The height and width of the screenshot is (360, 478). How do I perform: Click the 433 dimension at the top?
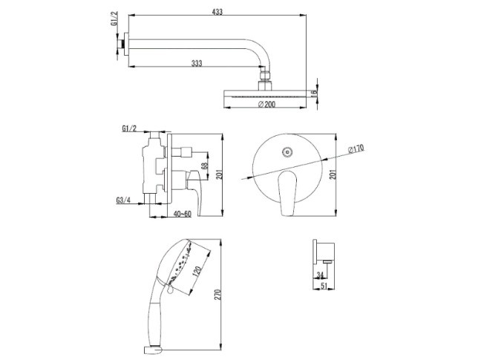tap(217, 12)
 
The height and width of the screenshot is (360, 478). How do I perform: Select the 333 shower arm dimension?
tap(197, 63)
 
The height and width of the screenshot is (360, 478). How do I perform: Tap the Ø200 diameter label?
tap(266, 104)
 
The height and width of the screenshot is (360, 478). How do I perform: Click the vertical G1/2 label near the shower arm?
tap(114, 19)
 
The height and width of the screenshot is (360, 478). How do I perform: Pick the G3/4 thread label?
tap(123, 200)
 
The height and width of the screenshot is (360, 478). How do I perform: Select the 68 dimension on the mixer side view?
tap(205, 166)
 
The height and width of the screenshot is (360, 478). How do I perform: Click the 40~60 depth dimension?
tap(183, 214)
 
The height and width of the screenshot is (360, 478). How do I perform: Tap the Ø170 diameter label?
tap(356, 149)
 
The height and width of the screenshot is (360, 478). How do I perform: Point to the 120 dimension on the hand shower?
tap(197, 271)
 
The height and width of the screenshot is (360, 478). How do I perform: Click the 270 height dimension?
tap(217, 295)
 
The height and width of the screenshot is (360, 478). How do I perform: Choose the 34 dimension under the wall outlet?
tap(320, 275)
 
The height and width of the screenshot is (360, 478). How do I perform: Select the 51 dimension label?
tap(324, 285)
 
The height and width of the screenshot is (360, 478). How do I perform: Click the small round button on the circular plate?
tap(287, 152)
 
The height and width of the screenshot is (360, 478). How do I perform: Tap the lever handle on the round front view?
tap(287, 194)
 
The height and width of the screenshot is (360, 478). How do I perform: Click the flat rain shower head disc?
tap(266, 94)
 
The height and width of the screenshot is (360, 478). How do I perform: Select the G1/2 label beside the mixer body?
tap(129, 128)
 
